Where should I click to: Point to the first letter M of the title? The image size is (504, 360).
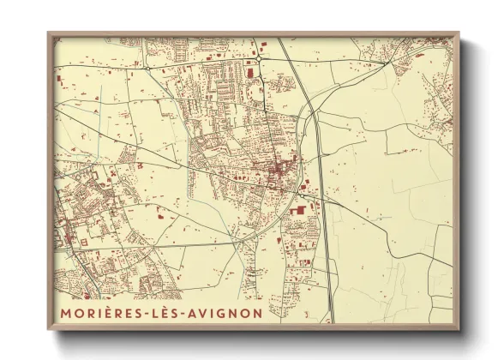tap(65, 313)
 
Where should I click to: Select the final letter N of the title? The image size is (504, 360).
tap(258, 313)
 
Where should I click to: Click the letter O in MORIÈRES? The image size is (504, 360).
tap(79, 313)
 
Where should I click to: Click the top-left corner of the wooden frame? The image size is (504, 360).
tap(49, 33)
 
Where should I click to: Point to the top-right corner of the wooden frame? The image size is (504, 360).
tap(458, 33)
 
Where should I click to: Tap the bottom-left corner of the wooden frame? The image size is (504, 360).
tap(49, 330)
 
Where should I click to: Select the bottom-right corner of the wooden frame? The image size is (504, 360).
tap(458, 330)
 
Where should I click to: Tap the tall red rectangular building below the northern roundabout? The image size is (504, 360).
tap(249, 73)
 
